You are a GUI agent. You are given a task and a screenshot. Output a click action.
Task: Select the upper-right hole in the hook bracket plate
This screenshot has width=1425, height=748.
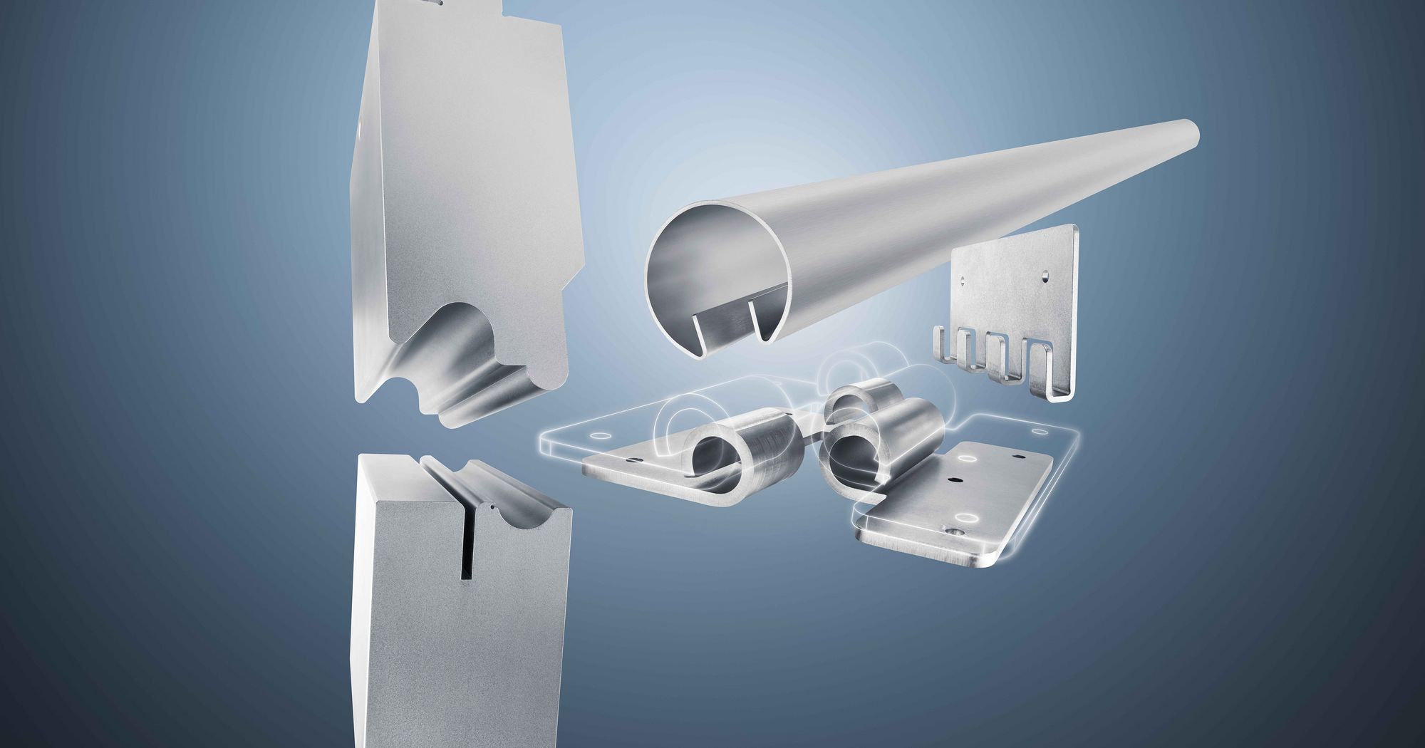pos(1045,273)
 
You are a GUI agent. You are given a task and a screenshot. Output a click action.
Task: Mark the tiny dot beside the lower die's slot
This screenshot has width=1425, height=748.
pos(491,509)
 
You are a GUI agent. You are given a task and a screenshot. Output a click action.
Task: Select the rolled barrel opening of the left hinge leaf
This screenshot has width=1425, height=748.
pos(712,456)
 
